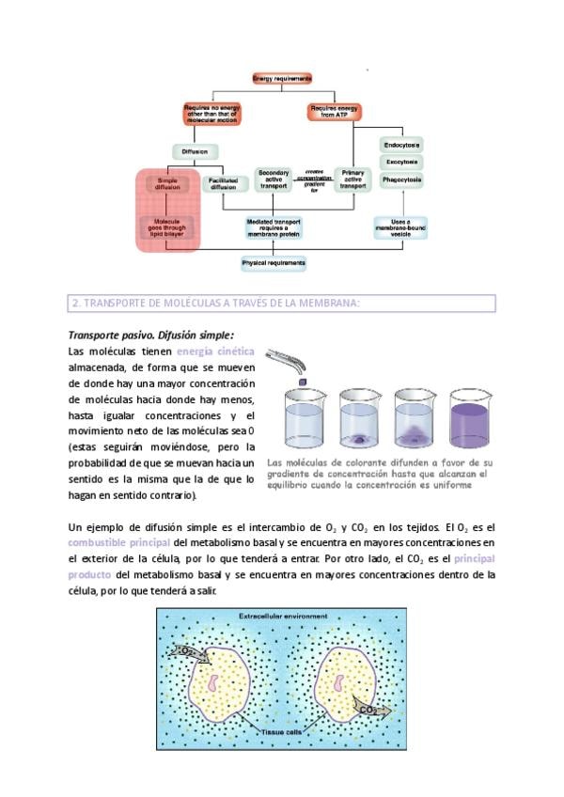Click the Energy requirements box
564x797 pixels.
282,79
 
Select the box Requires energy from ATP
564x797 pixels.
335,114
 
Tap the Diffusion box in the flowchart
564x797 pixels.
196,151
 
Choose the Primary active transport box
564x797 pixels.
352,181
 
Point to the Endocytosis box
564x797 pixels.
401,145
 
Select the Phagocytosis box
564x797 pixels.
401,179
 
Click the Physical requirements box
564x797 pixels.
274,264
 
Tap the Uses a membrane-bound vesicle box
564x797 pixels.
400,227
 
